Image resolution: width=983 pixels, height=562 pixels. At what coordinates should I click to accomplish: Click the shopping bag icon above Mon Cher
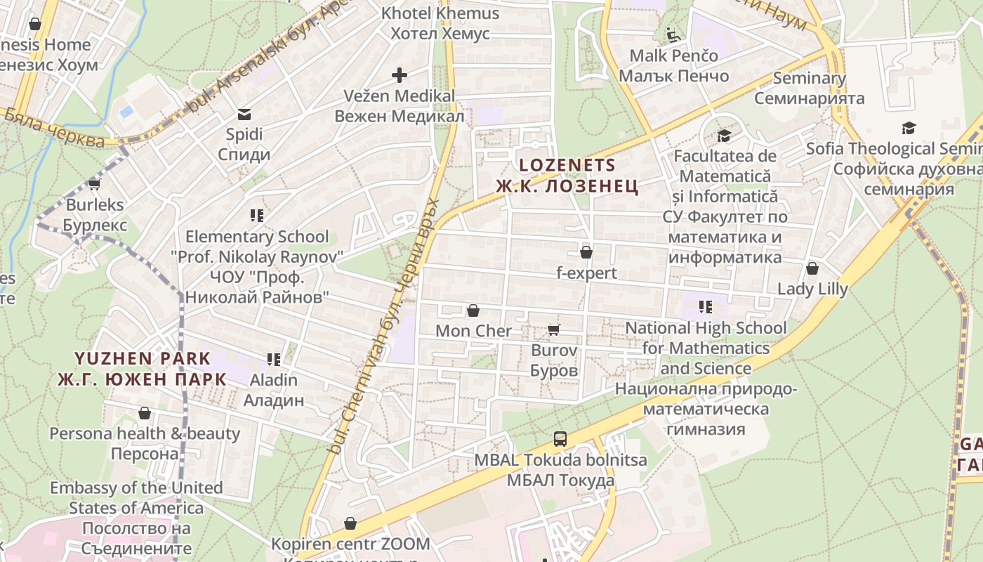coord(473,311)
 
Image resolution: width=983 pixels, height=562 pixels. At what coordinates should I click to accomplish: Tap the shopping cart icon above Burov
coord(554,329)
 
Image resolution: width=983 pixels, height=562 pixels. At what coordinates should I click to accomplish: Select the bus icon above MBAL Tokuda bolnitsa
coord(560,439)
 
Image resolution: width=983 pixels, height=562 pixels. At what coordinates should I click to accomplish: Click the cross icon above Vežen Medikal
coord(400,75)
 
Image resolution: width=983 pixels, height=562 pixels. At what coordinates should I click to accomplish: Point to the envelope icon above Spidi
coord(244,114)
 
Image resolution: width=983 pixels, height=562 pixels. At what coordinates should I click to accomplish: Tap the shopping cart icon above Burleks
coord(95,185)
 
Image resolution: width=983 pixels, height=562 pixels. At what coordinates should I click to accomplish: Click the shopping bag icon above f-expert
coord(586,252)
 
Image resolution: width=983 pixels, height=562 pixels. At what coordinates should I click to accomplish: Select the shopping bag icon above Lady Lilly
coord(812,268)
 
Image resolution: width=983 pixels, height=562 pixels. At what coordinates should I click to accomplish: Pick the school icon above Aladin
coord(274,360)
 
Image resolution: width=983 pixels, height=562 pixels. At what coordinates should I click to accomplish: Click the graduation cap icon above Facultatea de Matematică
coord(724,136)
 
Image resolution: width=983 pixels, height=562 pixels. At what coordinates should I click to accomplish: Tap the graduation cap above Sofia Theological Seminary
coord(909,129)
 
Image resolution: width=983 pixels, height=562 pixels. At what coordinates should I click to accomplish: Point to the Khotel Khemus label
coord(440,13)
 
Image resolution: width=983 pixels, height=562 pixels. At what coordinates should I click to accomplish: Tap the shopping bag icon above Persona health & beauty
coord(145,413)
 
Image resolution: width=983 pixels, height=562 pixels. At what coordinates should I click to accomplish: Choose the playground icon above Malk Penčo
coord(673,34)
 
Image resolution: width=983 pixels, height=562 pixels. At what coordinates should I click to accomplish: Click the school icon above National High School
coord(706,307)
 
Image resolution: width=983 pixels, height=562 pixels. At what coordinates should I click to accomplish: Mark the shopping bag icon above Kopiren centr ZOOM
coord(350,524)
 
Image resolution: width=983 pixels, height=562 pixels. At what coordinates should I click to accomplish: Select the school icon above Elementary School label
coord(257,216)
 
